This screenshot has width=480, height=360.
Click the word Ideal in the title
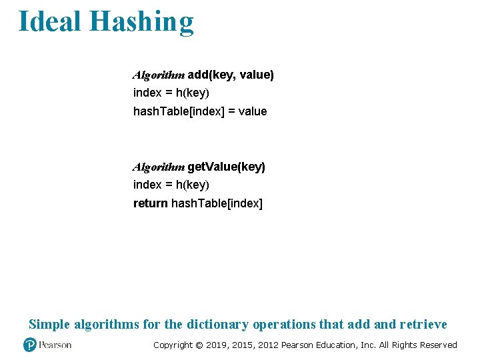tap(50, 21)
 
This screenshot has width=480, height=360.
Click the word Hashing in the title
tap(141, 21)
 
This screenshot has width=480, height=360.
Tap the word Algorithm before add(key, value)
tap(159, 75)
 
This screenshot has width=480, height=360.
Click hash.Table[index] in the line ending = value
tap(179, 111)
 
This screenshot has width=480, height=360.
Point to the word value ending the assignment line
tap(252, 111)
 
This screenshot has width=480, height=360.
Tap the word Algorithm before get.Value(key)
tap(159, 167)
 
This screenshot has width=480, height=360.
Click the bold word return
tap(151, 203)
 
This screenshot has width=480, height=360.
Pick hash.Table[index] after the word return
tap(217, 203)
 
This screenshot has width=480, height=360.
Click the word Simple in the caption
tap(49, 325)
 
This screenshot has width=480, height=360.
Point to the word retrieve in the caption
tap(423, 325)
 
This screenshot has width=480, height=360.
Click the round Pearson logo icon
tap(30, 345)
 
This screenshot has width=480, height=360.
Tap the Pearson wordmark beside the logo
tap(55, 345)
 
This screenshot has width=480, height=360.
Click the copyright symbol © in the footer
tap(199, 345)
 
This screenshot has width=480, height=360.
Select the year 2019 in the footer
tap(217, 345)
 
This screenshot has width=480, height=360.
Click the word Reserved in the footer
tap(437, 345)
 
